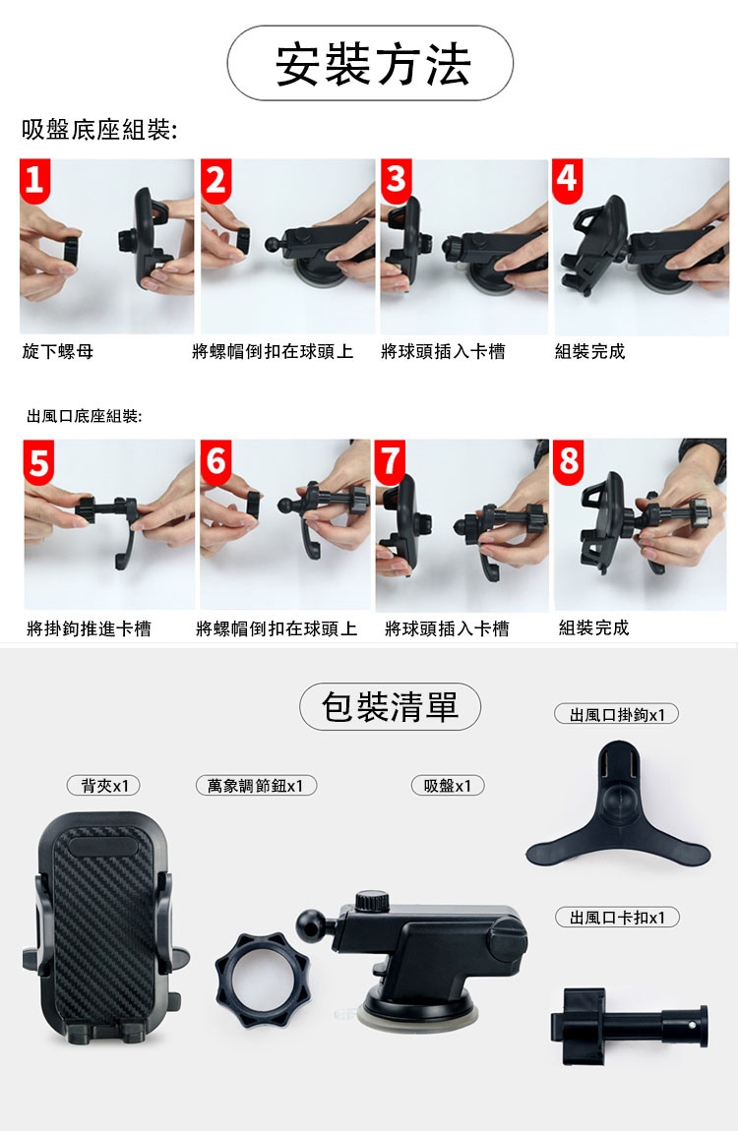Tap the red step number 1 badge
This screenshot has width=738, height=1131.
pyautogui.click(x=34, y=180)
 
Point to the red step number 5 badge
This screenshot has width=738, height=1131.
pyautogui.click(x=38, y=461)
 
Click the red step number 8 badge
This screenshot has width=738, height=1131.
pyautogui.click(x=569, y=461)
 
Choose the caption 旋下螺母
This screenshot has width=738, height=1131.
pyautogui.click(x=58, y=352)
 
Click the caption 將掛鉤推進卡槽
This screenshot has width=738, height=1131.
pyautogui.click(x=89, y=629)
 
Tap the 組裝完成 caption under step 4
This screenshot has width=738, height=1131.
pyautogui.click(x=590, y=352)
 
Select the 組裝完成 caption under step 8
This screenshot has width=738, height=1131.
pyautogui.click(x=593, y=627)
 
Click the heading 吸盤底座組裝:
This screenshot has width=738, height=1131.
pyautogui.click(x=99, y=130)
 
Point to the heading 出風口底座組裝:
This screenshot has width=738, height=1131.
pyautogui.click(x=85, y=416)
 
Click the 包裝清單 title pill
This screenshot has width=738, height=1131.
pyautogui.click(x=391, y=707)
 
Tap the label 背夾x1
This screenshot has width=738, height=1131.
pyautogui.click(x=103, y=786)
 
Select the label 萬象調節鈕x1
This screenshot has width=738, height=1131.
pyautogui.click(x=256, y=786)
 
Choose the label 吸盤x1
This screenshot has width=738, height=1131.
pyautogui.click(x=448, y=786)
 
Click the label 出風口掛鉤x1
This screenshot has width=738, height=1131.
pyautogui.click(x=617, y=715)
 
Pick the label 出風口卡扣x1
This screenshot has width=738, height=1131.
pyautogui.click(x=617, y=918)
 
